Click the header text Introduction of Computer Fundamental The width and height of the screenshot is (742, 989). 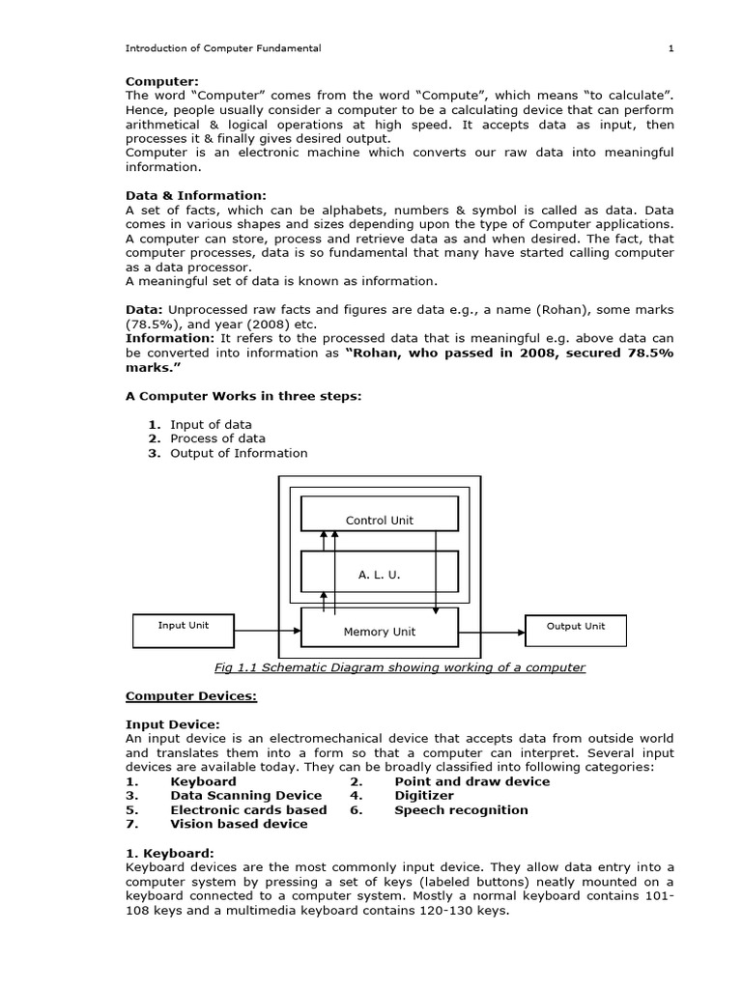point(224,48)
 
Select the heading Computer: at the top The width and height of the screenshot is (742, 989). point(162,83)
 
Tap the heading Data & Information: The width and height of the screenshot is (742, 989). point(195,196)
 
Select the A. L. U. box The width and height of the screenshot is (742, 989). point(379,574)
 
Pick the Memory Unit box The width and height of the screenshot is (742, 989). point(379,631)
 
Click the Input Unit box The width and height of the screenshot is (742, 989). point(183,630)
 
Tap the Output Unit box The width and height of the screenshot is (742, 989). point(576,630)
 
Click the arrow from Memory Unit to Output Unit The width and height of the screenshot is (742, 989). point(491,631)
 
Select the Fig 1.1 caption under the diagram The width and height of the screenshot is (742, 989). point(399,667)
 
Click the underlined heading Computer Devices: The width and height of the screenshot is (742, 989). point(191,695)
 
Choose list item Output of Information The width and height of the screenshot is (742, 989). point(239,453)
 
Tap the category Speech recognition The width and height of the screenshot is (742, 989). point(461,810)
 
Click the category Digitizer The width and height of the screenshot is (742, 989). point(423,796)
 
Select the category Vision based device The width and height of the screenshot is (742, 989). point(239,825)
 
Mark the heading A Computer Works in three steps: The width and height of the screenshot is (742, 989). point(243,395)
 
